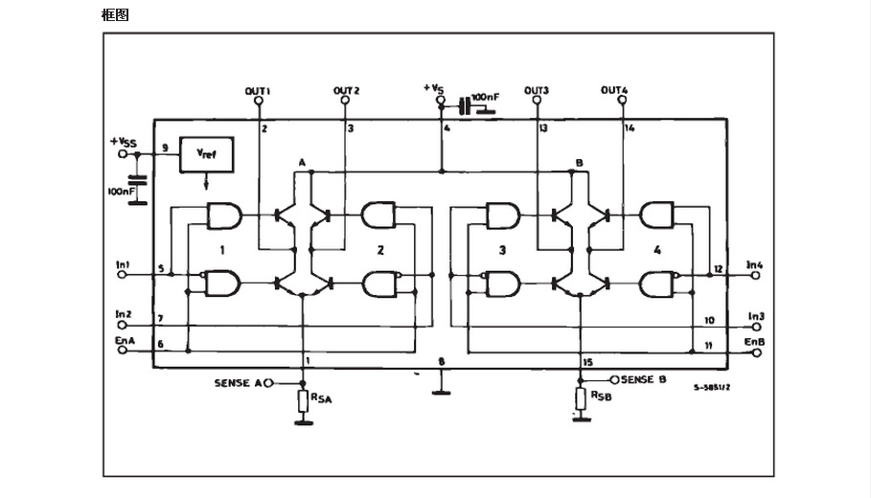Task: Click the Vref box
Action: [x=206, y=153]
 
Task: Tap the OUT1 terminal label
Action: [x=258, y=91]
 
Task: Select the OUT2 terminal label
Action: [x=346, y=91]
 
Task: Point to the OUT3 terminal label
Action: [x=537, y=91]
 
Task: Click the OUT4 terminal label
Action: [x=614, y=91]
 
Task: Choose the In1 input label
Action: [x=123, y=263]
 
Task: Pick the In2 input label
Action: [x=123, y=314]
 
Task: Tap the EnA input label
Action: [x=124, y=339]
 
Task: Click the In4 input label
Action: [x=755, y=263]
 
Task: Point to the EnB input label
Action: [x=754, y=341]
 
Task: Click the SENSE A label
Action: [x=238, y=383]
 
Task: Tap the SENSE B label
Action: [x=644, y=379]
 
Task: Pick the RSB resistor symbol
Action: [x=579, y=398]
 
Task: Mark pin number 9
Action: [x=165, y=147]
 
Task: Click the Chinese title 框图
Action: [x=115, y=14]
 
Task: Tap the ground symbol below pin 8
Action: [x=441, y=389]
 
